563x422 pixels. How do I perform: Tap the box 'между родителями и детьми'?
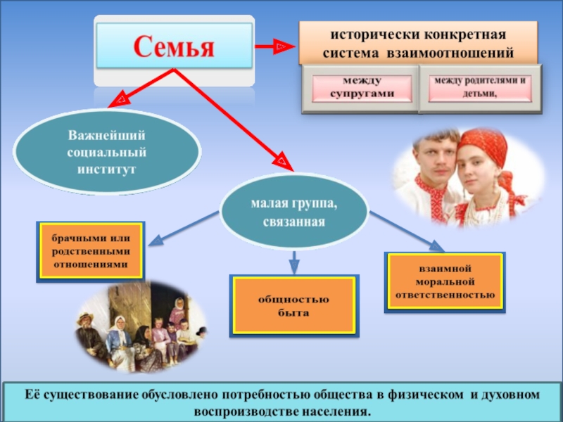481,88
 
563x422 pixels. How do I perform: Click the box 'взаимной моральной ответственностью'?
445,282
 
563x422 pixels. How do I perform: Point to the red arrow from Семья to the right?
274,46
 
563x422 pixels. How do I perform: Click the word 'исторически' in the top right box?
360,34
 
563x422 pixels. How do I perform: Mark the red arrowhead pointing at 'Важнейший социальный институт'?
120,100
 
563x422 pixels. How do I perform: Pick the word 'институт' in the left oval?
108,170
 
